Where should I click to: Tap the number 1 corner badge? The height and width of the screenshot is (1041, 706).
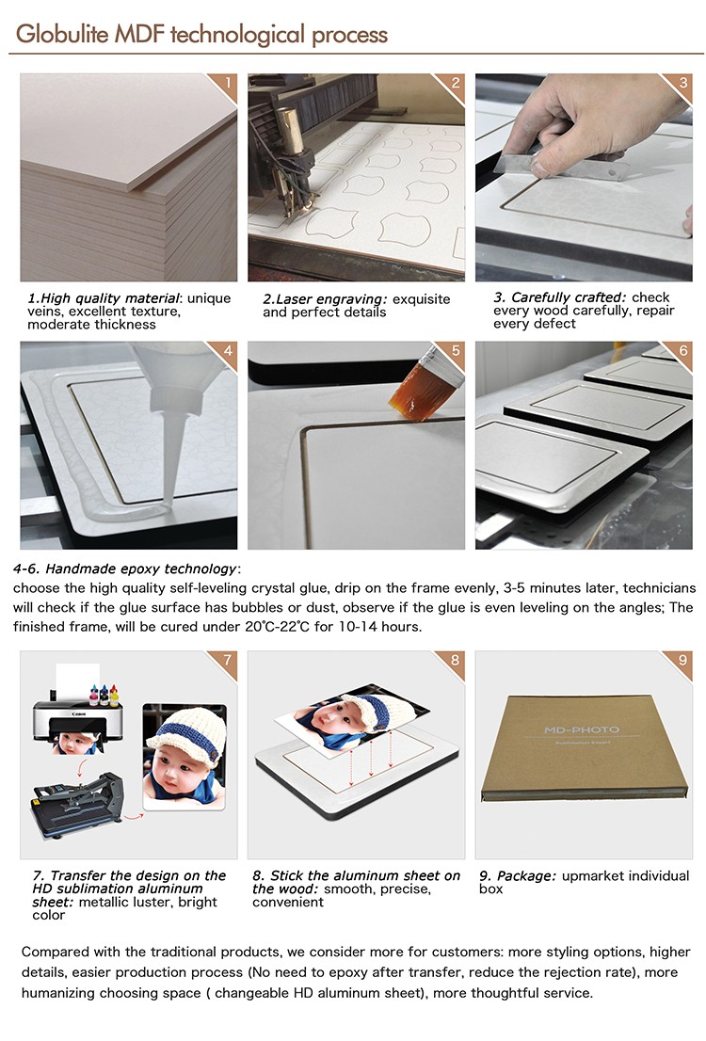coord(227,84)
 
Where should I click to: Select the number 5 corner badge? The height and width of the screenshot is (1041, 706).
coord(456,351)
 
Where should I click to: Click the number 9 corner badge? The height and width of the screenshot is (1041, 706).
coord(682,660)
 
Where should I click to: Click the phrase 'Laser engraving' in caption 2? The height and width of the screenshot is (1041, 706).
coord(325,299)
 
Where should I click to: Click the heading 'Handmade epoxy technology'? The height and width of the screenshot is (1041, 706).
coord(141,569)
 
